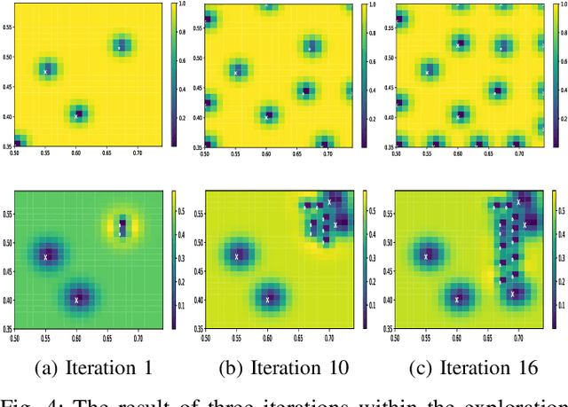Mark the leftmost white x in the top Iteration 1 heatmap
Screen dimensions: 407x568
click(46, 70)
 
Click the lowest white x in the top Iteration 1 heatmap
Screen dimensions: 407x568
click(77, 114)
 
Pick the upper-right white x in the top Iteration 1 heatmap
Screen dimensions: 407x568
click(121, 47)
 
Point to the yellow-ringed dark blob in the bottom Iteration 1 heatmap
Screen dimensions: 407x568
click(122, 227)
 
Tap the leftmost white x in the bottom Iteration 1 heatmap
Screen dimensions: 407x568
click(46, 256)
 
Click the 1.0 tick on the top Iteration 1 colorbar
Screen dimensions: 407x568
click(182, 4)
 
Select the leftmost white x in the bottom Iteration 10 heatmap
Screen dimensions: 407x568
click(237, 256)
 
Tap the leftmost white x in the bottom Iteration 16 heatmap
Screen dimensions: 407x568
click(427, 256)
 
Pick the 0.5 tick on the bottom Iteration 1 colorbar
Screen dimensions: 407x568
click(181, 212)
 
